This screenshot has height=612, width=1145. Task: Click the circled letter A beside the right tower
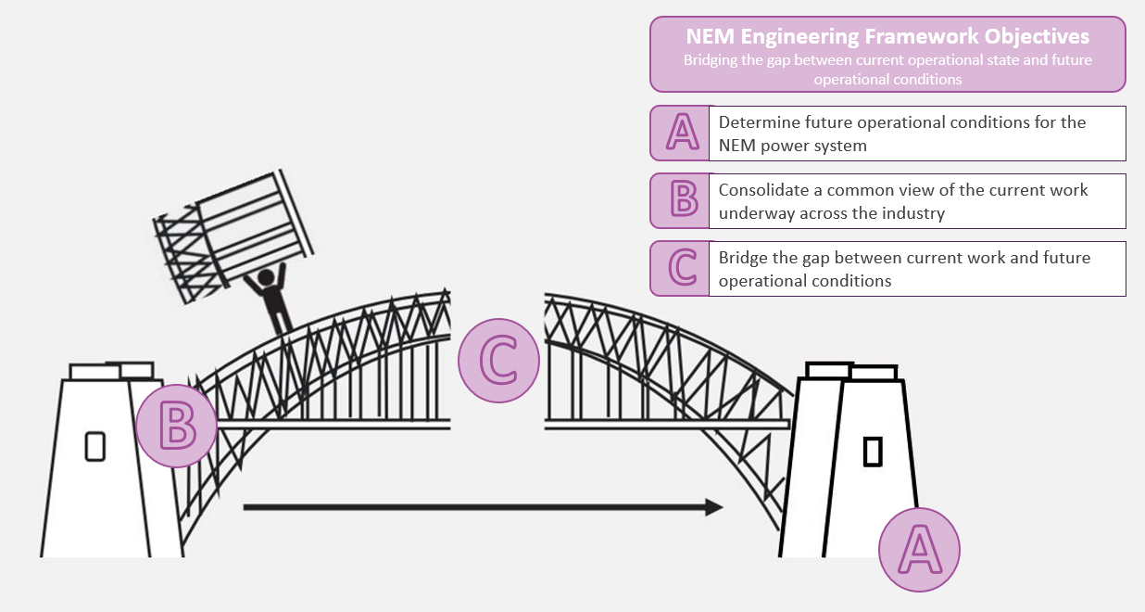(x=919, y=550)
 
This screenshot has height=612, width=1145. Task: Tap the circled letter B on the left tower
(x=176, y=426)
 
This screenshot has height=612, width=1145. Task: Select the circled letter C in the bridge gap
(x=499, y=361)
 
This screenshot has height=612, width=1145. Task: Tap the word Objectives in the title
(x=1038, y=36)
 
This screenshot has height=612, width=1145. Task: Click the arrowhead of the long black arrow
(x=713, y=507)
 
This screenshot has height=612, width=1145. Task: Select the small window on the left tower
(x=94, y=446)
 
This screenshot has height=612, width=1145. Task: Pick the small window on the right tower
(x=873, y=452)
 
